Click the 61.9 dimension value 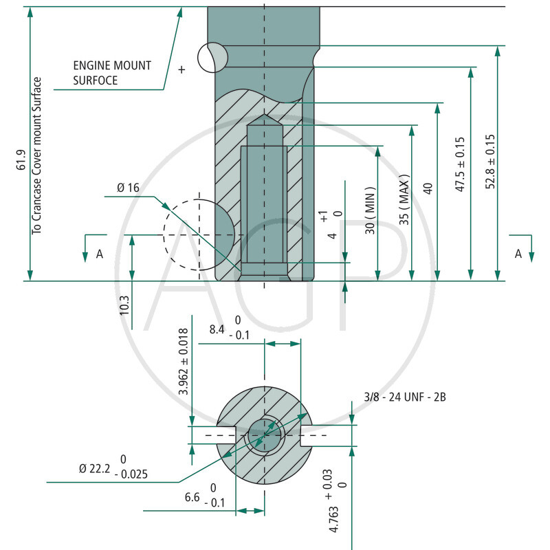tap(21, 161)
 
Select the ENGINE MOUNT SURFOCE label tap(112, 73)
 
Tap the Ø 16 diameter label tap(129, 188)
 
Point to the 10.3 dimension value tap(124, 305)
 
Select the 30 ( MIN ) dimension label tap(371, 210)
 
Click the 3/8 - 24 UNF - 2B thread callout tap(406, 397)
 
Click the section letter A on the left tap(100, 254)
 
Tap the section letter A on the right tap(519, 254)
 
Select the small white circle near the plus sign tap(212, 57)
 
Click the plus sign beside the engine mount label tap(181, 69)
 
